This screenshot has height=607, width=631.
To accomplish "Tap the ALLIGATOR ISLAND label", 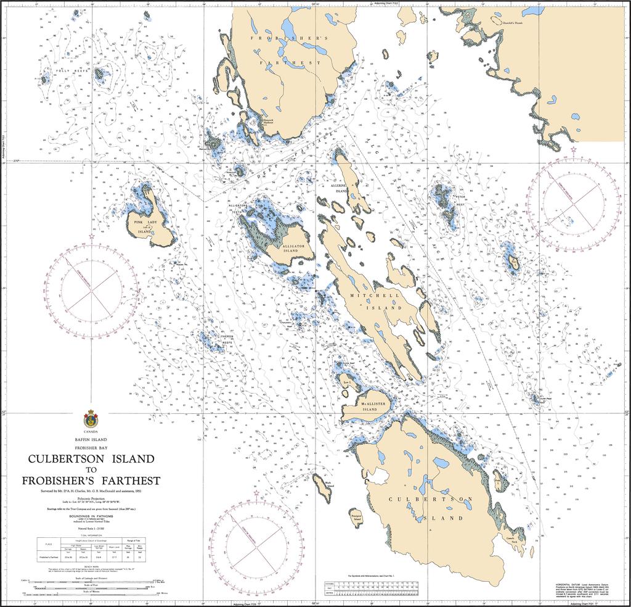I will tap(293, 249).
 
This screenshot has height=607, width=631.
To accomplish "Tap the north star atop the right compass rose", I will tap(574, 149).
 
